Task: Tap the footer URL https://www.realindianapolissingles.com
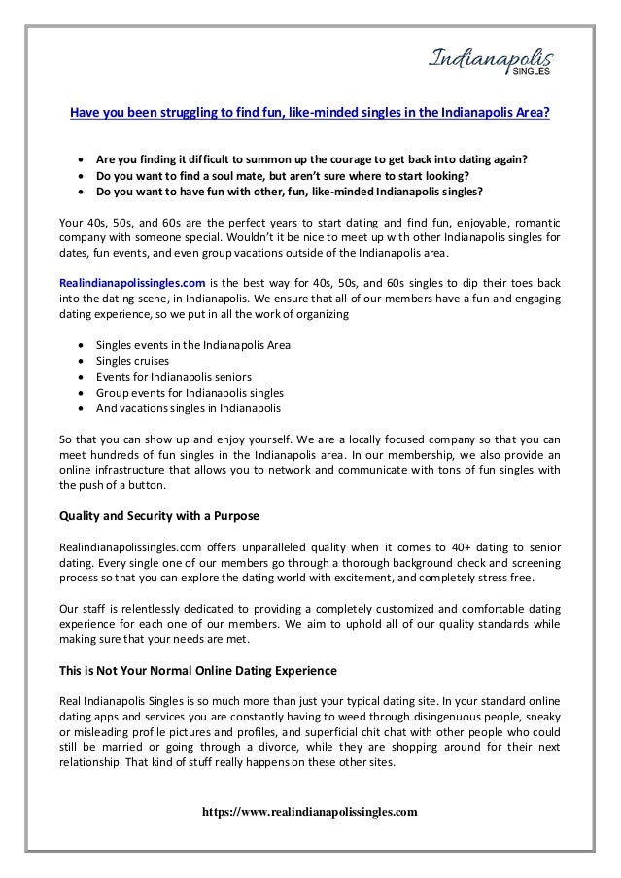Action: (310, 809)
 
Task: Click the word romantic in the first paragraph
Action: (535, 223)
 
